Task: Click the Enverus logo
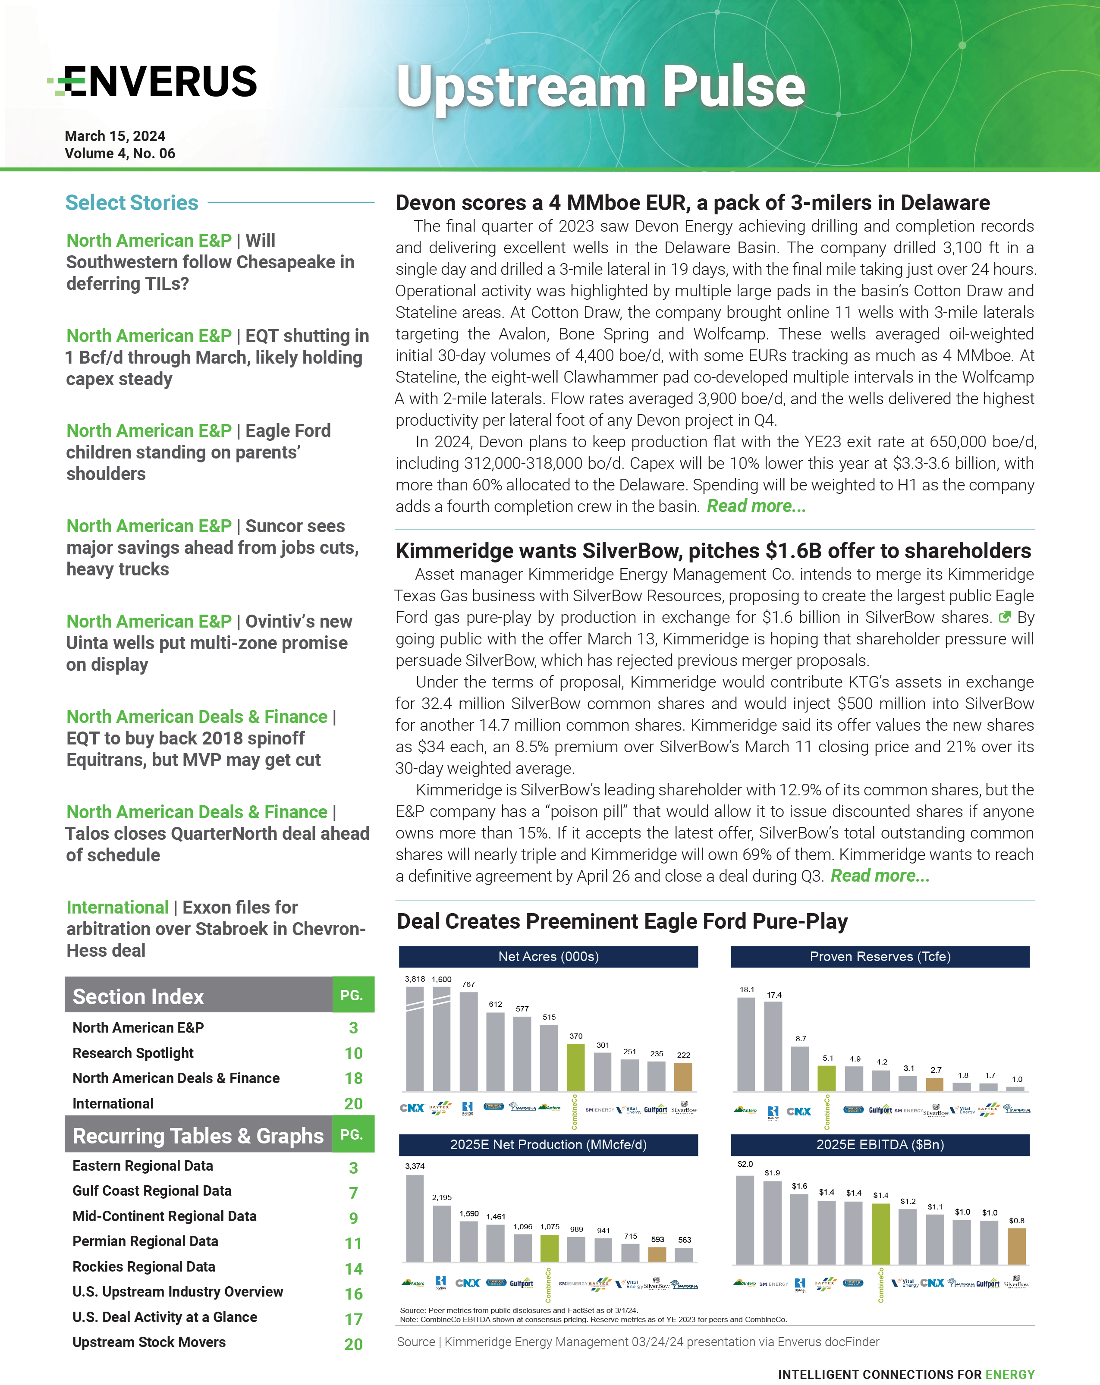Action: tap(153, 82)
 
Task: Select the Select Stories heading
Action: tap(132, 203)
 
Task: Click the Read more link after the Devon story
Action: tap(756, 506)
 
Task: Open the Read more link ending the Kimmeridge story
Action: tap(879, 876)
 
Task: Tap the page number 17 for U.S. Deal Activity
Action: tap(353, 1319)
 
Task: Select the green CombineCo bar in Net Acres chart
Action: tap(576, 1067)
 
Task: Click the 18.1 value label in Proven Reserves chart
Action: tap(747, 989)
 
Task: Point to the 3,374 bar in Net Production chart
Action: tap(415, 1218)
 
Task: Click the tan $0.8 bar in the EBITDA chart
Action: tap(1016, 1246)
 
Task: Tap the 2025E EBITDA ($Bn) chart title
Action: tap(880, 1144)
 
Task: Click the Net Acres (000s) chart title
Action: tap(548, 957)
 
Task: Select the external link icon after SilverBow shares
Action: tap(1004, 617)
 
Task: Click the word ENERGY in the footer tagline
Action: tap(1010, 1374)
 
